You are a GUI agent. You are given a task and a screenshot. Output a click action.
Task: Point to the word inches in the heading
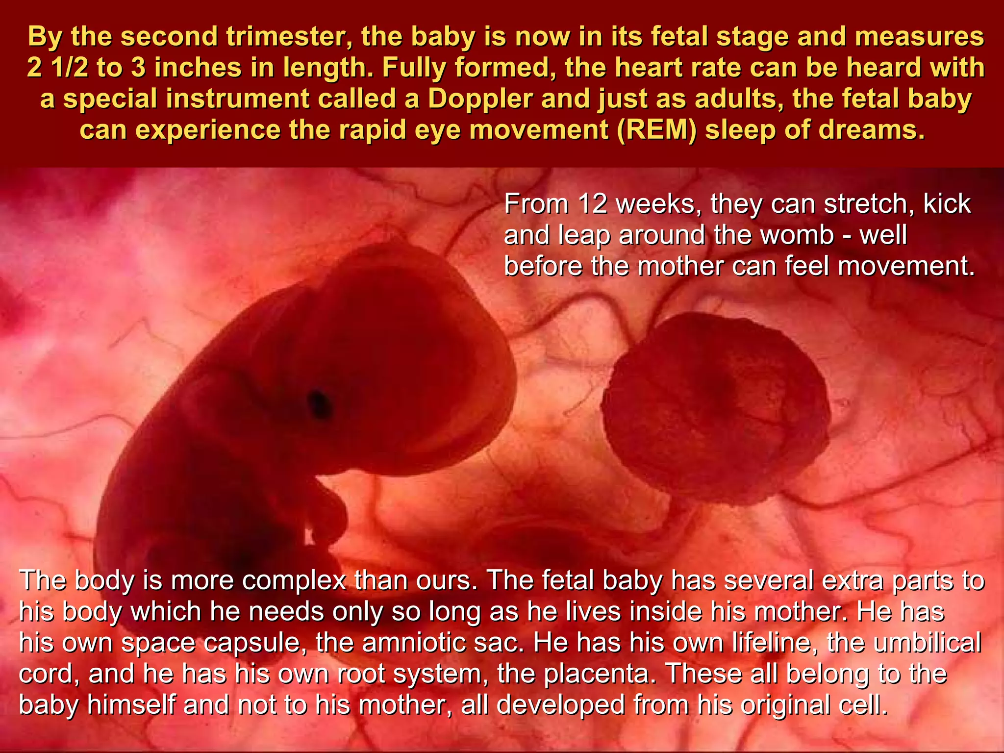click(199, 68)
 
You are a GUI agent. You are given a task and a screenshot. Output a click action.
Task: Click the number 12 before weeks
click(592, 203)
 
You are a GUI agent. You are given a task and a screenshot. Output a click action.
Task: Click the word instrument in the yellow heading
click(241, 99)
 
